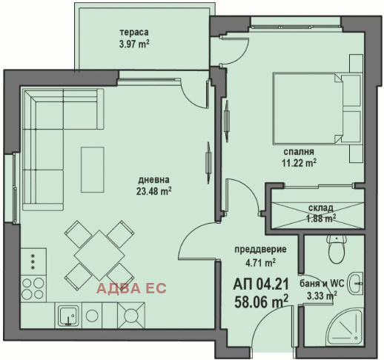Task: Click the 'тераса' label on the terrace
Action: point(134,33)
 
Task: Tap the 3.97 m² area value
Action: point(134,44)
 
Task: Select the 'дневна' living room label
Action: point(154,180)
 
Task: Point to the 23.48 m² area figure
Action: point(154,191)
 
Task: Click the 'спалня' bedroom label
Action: point(299,152)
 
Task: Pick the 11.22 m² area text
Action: point(299,163)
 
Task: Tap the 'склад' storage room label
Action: point(320,208)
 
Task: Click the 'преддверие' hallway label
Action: point(260,250)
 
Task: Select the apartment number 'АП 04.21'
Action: point(261,284)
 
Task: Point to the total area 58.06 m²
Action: point(261,301)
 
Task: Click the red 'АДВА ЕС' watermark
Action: point(131,288)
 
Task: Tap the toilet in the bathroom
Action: point(337,249)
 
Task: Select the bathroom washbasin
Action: point(356,284)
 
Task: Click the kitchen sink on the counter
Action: point(68,316)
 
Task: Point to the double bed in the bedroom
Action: point(317,108)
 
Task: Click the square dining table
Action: point(99,256)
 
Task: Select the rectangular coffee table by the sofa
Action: point(93,170)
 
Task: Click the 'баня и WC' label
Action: point(322,284)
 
